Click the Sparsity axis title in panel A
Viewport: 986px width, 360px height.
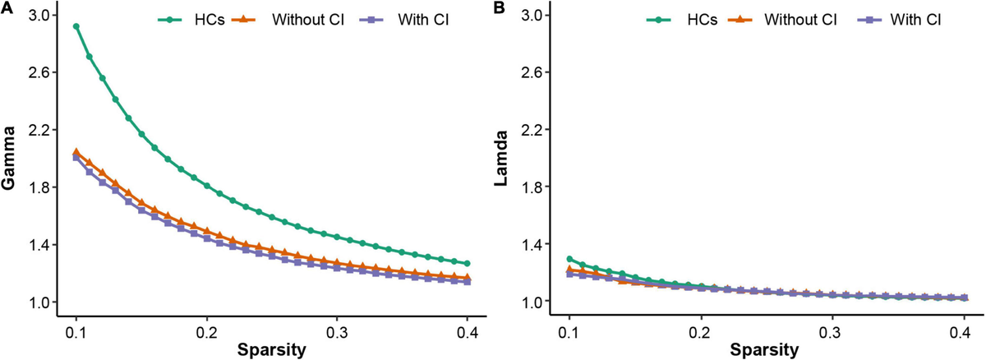tap(272, 349)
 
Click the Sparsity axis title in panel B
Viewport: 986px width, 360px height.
tap(765, 349)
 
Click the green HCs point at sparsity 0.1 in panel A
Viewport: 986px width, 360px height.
tap(76, 26)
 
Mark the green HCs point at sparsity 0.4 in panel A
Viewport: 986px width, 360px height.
tap(467, 264)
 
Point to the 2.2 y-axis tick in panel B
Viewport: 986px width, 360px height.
tap(529, 130)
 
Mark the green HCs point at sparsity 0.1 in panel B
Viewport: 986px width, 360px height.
tap(569, 259)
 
